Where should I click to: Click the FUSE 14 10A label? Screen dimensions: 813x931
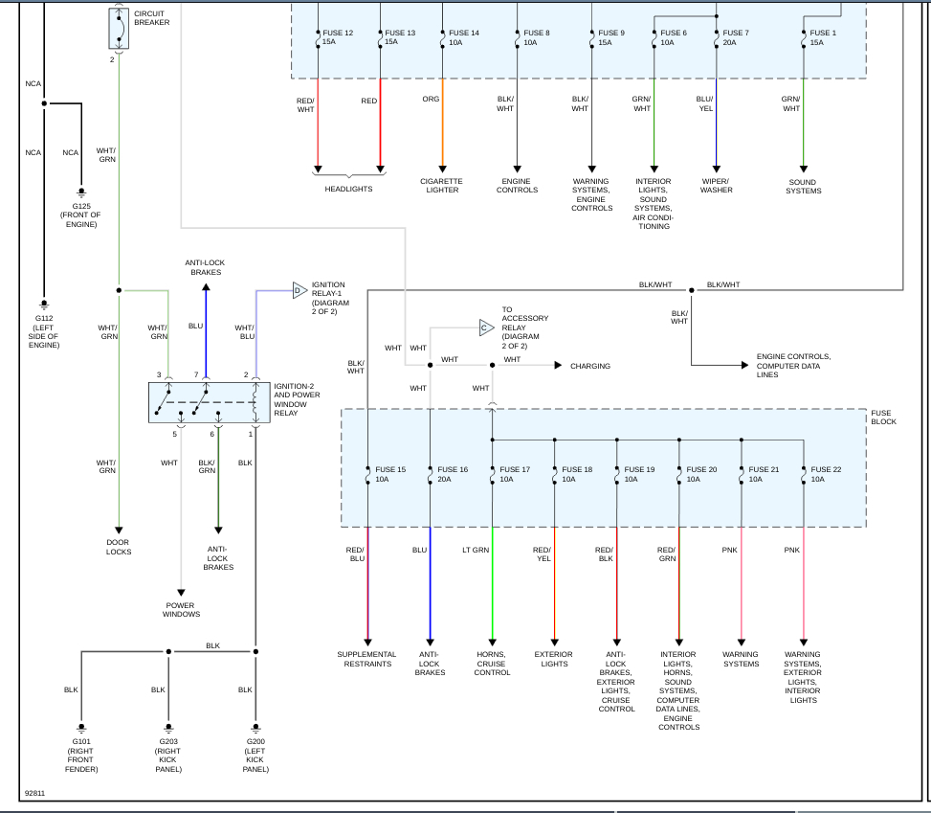463,37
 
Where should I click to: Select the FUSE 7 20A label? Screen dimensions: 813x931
736,37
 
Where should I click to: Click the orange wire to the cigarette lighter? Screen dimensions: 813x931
442,124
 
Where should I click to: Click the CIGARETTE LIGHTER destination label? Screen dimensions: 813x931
441,186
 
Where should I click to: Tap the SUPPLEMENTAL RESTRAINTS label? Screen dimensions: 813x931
366,660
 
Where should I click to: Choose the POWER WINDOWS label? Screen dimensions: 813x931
182,610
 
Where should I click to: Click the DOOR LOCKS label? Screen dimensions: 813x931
119,548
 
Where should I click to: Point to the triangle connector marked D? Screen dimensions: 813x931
298,289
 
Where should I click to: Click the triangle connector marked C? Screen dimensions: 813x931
485,327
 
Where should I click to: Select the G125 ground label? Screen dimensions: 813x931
81,215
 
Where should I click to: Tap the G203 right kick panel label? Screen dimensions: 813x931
168,756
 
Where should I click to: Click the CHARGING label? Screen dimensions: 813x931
589,366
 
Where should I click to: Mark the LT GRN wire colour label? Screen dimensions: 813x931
475,550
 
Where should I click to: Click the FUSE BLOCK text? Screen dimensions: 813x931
883,418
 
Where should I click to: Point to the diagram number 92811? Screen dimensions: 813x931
34,793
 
